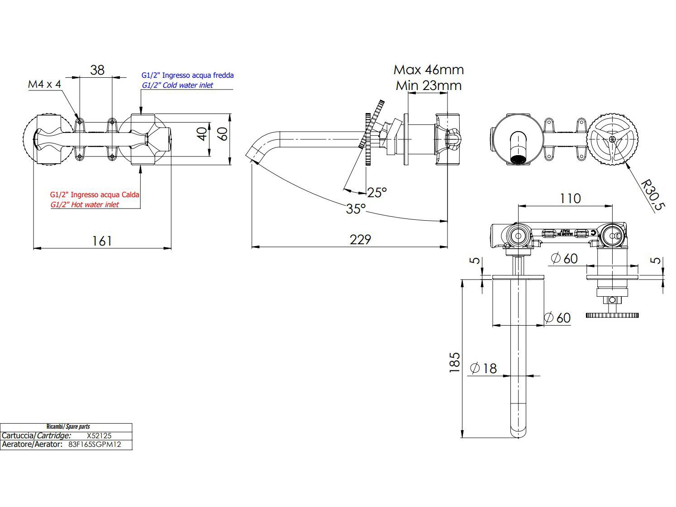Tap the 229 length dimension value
[x=360, y=239]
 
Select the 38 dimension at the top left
[x=97, y=70]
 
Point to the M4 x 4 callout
[x=44, y=84]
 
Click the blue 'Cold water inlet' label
[x=177, y=85]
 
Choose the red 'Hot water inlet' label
[x=85, y=204]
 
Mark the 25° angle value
[x=377, y=193]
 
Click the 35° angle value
[x=356, y=209]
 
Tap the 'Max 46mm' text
[x=428, y=70]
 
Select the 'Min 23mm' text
[x=428, y=85]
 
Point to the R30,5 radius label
[x=653, y=195]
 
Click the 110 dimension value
[x=570, y=199]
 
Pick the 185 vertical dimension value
[x=455, y=362]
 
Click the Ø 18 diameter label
[x=483, y=368]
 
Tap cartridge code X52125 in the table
[x=99, y=436]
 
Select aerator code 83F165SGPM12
[x=95, y=445]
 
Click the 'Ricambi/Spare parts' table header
[x=68, y=426]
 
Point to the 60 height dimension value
[x=222, y=133]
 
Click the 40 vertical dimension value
[x=202, y=133]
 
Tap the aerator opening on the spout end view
[x=519, y=159]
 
